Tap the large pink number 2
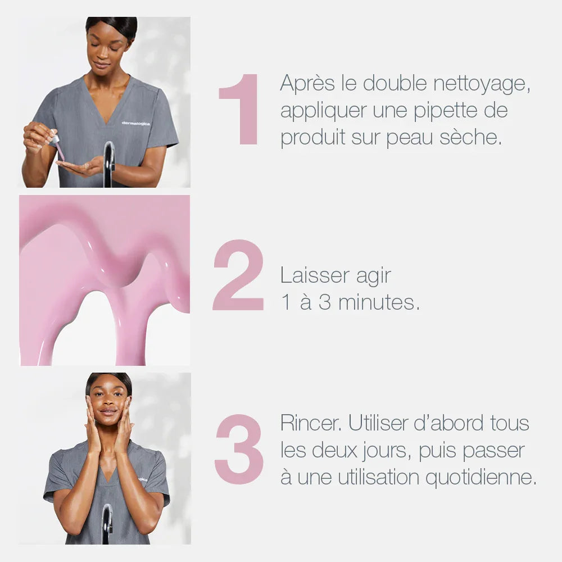238,275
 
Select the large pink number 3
239,450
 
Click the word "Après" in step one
307,84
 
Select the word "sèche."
470,137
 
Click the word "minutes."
379,302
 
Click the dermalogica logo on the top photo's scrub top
136,123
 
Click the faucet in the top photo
109,164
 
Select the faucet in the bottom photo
107,524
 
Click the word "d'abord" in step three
448,423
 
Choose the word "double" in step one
395,83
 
